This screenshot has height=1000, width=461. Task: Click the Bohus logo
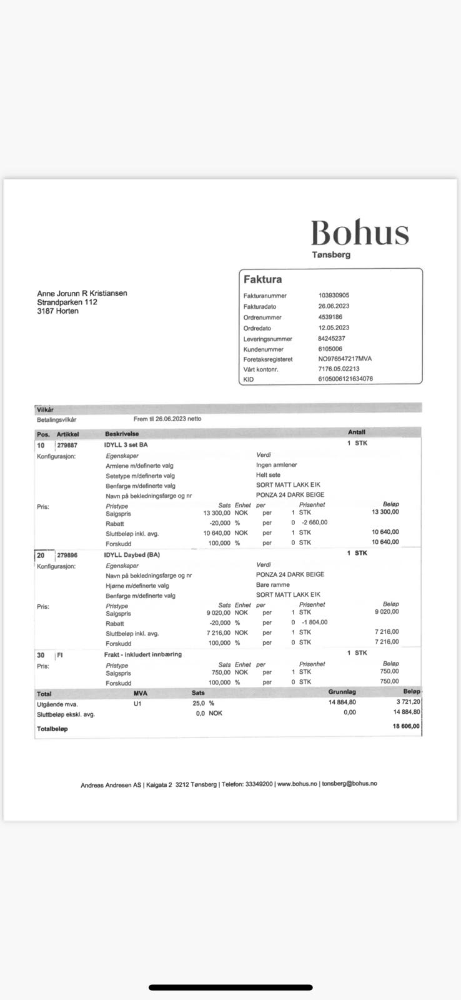[x=360, y=232]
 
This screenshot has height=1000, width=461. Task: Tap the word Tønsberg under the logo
[x=331, y=255]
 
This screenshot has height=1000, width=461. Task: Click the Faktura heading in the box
[x=262, y=279]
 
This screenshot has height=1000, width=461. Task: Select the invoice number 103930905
[x=334, y=296]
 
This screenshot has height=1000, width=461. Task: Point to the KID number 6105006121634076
[x=345, y=379]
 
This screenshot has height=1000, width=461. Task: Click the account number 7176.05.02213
[x=339, y=369]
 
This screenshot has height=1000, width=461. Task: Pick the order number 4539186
[x=330, y=317]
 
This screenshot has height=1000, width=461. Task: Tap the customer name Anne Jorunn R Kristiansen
[x=82, y=293]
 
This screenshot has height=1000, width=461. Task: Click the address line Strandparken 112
[x=67, y=302]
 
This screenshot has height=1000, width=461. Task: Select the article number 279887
[x=67, y=445]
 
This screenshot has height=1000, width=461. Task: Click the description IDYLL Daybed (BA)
[x=132, y=555]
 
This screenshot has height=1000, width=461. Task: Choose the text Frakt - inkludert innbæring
[x=143, y=654]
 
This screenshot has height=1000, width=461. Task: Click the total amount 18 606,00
[x=406, y=726]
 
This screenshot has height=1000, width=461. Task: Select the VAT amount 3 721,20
[x=408, y=702]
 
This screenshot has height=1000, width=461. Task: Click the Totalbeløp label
[x=52, y=729]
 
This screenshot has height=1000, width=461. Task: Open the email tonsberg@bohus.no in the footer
[x=349, y=784]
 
